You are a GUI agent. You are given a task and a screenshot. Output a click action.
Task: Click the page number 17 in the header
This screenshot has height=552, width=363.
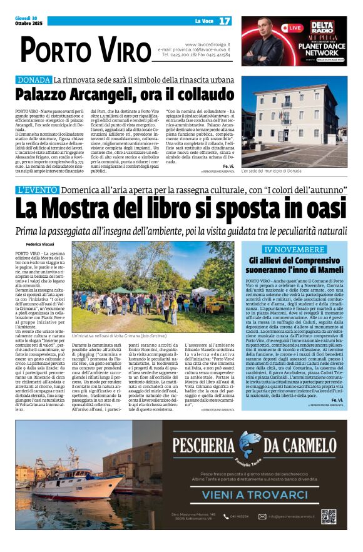click(225, 21)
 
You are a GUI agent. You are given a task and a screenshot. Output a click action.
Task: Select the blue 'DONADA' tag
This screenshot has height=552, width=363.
click(34, 80)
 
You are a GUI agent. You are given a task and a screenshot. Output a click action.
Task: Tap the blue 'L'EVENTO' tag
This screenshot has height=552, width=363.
click(38, 189)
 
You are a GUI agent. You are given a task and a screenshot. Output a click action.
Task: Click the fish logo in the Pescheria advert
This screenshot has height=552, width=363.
click(246, 445)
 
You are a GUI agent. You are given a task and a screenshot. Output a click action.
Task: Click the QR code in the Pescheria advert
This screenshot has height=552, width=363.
click(329, 516)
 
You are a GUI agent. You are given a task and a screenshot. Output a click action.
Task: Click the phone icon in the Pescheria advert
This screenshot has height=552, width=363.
click(232, 516)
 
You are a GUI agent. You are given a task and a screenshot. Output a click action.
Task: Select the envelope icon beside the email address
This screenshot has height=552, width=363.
click(264, 516)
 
